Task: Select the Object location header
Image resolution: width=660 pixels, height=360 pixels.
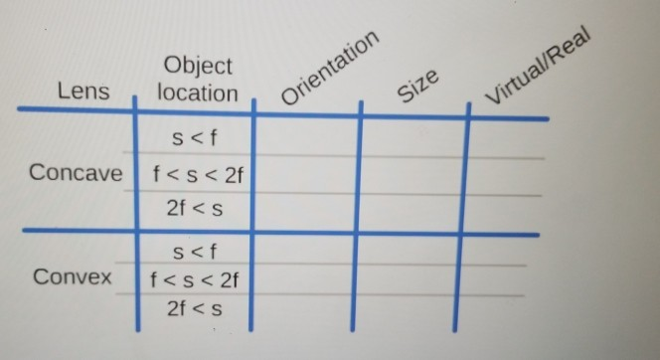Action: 197,80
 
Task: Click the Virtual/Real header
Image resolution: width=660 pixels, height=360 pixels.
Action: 537,68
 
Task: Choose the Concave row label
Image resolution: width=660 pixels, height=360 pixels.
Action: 76,172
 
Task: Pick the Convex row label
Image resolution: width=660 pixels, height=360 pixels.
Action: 73,276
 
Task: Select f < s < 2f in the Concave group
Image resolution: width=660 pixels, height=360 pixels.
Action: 198,176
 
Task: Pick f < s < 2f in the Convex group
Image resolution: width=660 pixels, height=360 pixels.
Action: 196,278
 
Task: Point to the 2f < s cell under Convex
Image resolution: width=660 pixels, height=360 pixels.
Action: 196,309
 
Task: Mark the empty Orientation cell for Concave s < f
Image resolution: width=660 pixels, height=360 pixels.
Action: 306,137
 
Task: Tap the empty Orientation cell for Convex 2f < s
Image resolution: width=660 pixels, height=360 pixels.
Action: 303,310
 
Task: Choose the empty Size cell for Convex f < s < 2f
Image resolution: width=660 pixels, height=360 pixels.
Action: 408,279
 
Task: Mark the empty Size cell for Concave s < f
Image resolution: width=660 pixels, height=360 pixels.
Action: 412,137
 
